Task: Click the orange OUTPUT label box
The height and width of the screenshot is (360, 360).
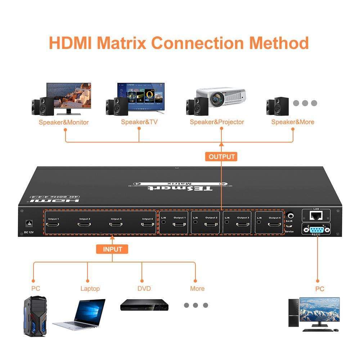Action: pos(221,157)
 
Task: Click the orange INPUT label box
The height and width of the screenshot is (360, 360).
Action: pos(112,249)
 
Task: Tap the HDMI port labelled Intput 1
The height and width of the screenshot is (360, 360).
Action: pos(54,225)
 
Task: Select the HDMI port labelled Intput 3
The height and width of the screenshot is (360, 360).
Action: pos(116,225)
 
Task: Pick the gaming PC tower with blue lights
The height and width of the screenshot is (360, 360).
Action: pos(35,316)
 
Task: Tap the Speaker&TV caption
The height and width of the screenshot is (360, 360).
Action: pos(139,122)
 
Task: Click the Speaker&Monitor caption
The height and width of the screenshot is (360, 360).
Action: pos(64,122)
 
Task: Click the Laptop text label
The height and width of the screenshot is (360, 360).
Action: pos(90,289)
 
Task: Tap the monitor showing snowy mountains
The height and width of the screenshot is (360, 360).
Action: pos(319,310)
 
